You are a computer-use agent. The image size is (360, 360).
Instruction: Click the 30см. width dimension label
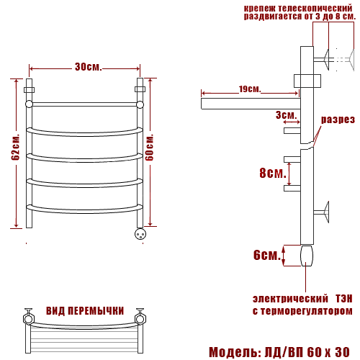(88, 67)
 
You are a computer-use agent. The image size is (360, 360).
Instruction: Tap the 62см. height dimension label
(16, 147)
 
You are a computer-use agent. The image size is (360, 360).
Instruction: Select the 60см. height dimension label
(149, 148)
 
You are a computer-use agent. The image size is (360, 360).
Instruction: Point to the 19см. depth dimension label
(250, 89)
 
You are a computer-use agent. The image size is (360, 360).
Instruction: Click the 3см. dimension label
(286, 115)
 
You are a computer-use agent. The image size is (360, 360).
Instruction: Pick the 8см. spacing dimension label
(273, 173)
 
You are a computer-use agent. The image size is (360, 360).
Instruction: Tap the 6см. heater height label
(267, 255)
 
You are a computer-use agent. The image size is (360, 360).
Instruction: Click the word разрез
(338, 120)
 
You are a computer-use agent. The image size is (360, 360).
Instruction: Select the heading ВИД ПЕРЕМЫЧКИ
(85, 311)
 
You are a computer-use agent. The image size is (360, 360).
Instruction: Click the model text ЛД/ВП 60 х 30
(307, 352)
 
